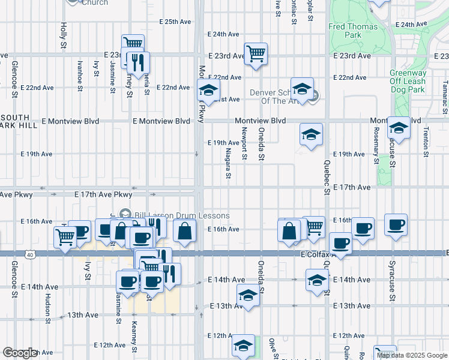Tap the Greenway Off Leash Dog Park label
pyautogui.click(x=408, y=82)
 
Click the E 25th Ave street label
pyautogui.click(x=175, y=22)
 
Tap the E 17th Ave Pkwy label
pyautogui.click(x=103, y=194)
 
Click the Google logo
pyautogui.click(x=19, y=353)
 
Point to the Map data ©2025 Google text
pyautogui.click(x=412, y=355)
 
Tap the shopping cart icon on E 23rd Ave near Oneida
pyautogui.click(x=256, y=53)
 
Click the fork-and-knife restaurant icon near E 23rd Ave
pyautogui.click(x=139, y=62)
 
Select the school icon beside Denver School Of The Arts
pyautogui.click(x=302, y=88)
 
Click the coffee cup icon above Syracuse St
pyautogui.click(x=396, y=224)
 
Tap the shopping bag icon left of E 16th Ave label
pyautogui.click(x=184, y=229)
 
